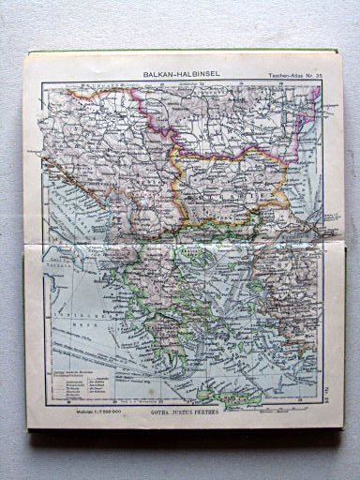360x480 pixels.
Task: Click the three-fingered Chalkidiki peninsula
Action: click(x=211, y=234)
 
